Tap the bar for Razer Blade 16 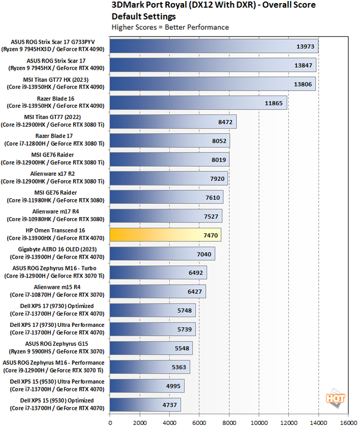[198, 103]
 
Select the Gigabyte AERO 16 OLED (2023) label [55, 253]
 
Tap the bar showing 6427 [158, 291]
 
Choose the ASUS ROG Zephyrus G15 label [55, 347]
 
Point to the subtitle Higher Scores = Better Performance [170, 27]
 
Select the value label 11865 [275, 103]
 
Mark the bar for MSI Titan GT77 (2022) [173, 121]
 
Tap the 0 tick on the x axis [110, 421]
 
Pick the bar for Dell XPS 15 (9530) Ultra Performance [147, 385]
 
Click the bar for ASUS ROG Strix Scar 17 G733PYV [214, 46]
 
